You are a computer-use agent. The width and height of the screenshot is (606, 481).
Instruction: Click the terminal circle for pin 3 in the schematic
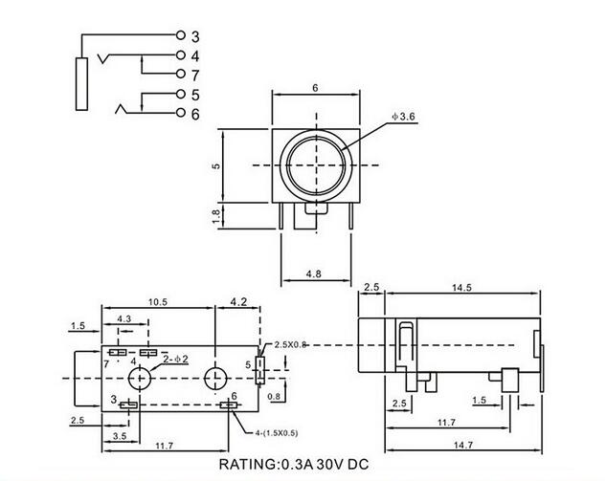click(181, 35)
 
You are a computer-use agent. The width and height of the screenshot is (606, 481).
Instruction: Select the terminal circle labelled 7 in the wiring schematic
click(181, 74)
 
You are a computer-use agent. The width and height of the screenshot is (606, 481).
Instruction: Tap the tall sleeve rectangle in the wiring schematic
click(81, 84)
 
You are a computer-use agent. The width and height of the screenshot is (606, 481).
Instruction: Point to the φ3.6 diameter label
click(403, 117)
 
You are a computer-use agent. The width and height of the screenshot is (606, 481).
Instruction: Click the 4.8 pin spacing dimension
click(313, 273)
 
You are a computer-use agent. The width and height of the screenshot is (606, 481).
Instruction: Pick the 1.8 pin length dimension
click(216, 216)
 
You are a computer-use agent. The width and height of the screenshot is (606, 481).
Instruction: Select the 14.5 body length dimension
click(461, 288)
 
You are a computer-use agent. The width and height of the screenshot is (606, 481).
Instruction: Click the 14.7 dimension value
click(463, 445)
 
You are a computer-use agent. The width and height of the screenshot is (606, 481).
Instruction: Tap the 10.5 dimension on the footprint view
click(158, 302)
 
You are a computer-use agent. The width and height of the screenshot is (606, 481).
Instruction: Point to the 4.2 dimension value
click(238, 301)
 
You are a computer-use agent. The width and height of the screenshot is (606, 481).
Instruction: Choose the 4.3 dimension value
click(123, 318)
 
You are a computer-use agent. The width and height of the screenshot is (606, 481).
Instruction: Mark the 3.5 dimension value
click(120, 436)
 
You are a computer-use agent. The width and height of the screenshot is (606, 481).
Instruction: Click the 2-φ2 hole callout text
click(176, 359)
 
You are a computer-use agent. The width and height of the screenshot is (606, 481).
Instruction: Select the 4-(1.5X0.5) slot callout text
click(277, 433)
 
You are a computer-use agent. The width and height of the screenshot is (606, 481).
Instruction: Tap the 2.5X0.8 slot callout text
click(290, 344)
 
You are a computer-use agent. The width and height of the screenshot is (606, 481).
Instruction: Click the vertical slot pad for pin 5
click(260, 371)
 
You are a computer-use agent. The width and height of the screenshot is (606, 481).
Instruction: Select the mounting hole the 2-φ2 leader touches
click(139, 378)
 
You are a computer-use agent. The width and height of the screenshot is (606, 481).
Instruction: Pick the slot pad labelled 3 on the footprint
click(128, 404)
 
